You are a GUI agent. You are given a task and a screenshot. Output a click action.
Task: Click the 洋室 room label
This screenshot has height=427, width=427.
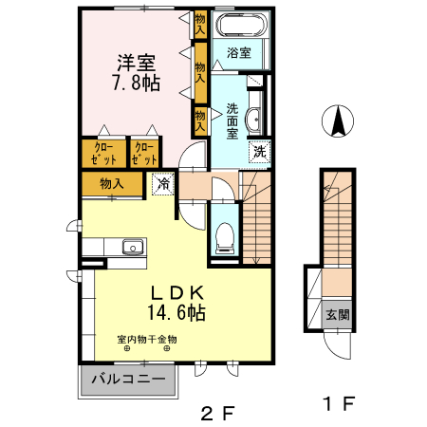click(138, 63)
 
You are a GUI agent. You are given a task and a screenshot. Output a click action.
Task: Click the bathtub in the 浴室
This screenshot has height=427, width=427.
click(242, 26)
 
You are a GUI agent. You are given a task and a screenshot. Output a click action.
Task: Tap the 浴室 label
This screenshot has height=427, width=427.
click(239, 53)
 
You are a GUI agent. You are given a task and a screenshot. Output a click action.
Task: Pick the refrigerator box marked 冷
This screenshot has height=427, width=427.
click(164, 184)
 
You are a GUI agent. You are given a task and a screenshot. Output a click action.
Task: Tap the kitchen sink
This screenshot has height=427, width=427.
click(130, 249)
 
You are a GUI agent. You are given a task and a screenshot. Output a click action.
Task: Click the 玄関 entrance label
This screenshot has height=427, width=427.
click(338, 315)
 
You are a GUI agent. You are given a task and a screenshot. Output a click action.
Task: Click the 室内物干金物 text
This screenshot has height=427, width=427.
click(147, 340)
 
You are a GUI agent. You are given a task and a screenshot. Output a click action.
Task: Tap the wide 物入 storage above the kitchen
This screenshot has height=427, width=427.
click(112, 183)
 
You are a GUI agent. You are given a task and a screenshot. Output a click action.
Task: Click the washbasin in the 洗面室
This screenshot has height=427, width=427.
click(253, 121)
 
